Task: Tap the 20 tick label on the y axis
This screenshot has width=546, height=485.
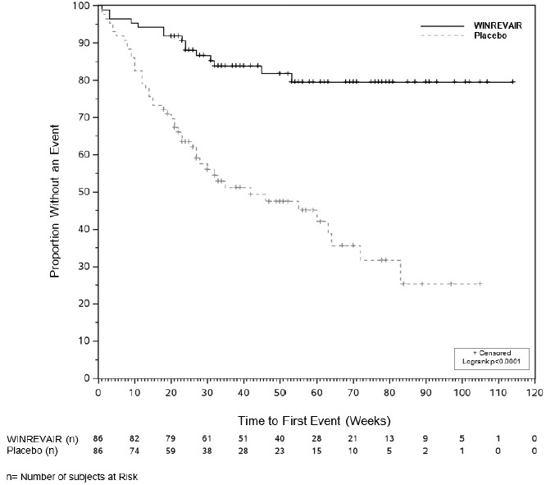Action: (84, 304)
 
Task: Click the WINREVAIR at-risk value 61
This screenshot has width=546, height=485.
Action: (207, 439)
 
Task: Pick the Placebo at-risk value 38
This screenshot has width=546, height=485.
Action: (207, 451)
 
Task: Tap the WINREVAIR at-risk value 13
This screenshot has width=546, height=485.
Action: (389, 439)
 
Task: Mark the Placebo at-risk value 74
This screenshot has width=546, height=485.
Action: (134, 451)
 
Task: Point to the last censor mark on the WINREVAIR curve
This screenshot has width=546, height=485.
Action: (512, 81)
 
